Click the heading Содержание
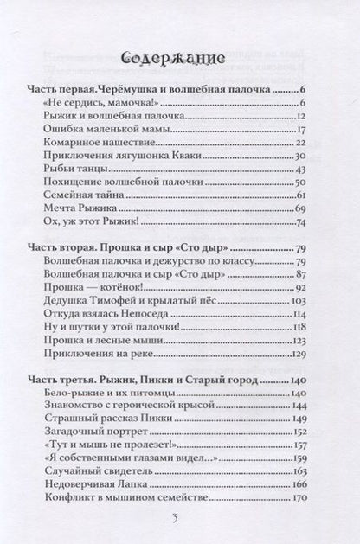pos(180,57)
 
